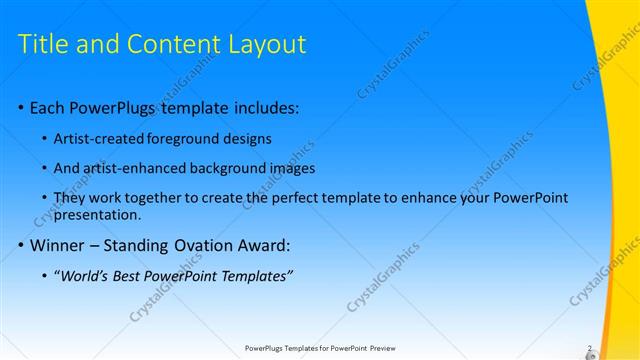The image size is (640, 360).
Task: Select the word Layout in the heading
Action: pos(262,44)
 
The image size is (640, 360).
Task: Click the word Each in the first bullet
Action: pos(48,109)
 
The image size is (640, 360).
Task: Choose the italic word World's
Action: pos(84,276)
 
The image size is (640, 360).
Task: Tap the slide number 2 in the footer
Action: pos(589,349)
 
